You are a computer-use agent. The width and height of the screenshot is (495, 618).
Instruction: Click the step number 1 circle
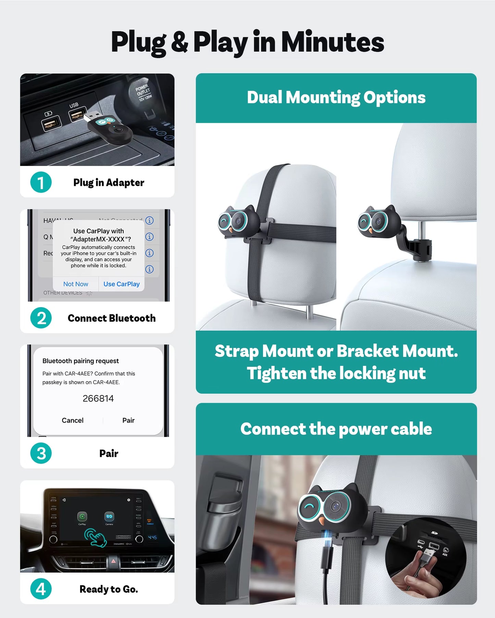(x=41, y=182)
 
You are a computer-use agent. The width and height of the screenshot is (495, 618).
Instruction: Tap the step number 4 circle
(x=41, y=589)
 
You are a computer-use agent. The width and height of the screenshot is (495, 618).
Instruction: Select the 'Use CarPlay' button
(x=121, y=284)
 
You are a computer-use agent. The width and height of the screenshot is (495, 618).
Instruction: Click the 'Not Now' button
(x=76, y=284)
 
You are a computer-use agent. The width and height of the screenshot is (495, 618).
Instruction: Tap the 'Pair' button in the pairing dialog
(x=128, y=420)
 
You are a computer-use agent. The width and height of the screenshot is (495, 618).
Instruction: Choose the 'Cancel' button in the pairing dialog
(x=72, y=420)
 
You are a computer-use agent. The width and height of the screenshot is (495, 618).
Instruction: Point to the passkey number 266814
(x=98, y=398)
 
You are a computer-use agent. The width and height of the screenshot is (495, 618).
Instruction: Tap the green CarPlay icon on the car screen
(x=82, y=516)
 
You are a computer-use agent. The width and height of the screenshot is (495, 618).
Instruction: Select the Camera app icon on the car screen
(x=109, y=516)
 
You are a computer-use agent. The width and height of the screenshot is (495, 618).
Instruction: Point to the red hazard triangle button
(x=113, y=561)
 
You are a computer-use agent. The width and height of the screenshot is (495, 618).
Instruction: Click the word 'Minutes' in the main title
(x=332, y=42)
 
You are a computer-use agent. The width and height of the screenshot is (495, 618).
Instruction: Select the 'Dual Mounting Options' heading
(x=336, y=98)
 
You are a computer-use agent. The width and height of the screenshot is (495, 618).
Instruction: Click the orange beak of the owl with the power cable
(x=322, y=521)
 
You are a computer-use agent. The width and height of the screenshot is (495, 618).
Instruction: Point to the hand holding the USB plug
(x=413, y=578)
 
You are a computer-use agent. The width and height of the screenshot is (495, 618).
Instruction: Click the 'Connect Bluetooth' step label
(x=111, y=318)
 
